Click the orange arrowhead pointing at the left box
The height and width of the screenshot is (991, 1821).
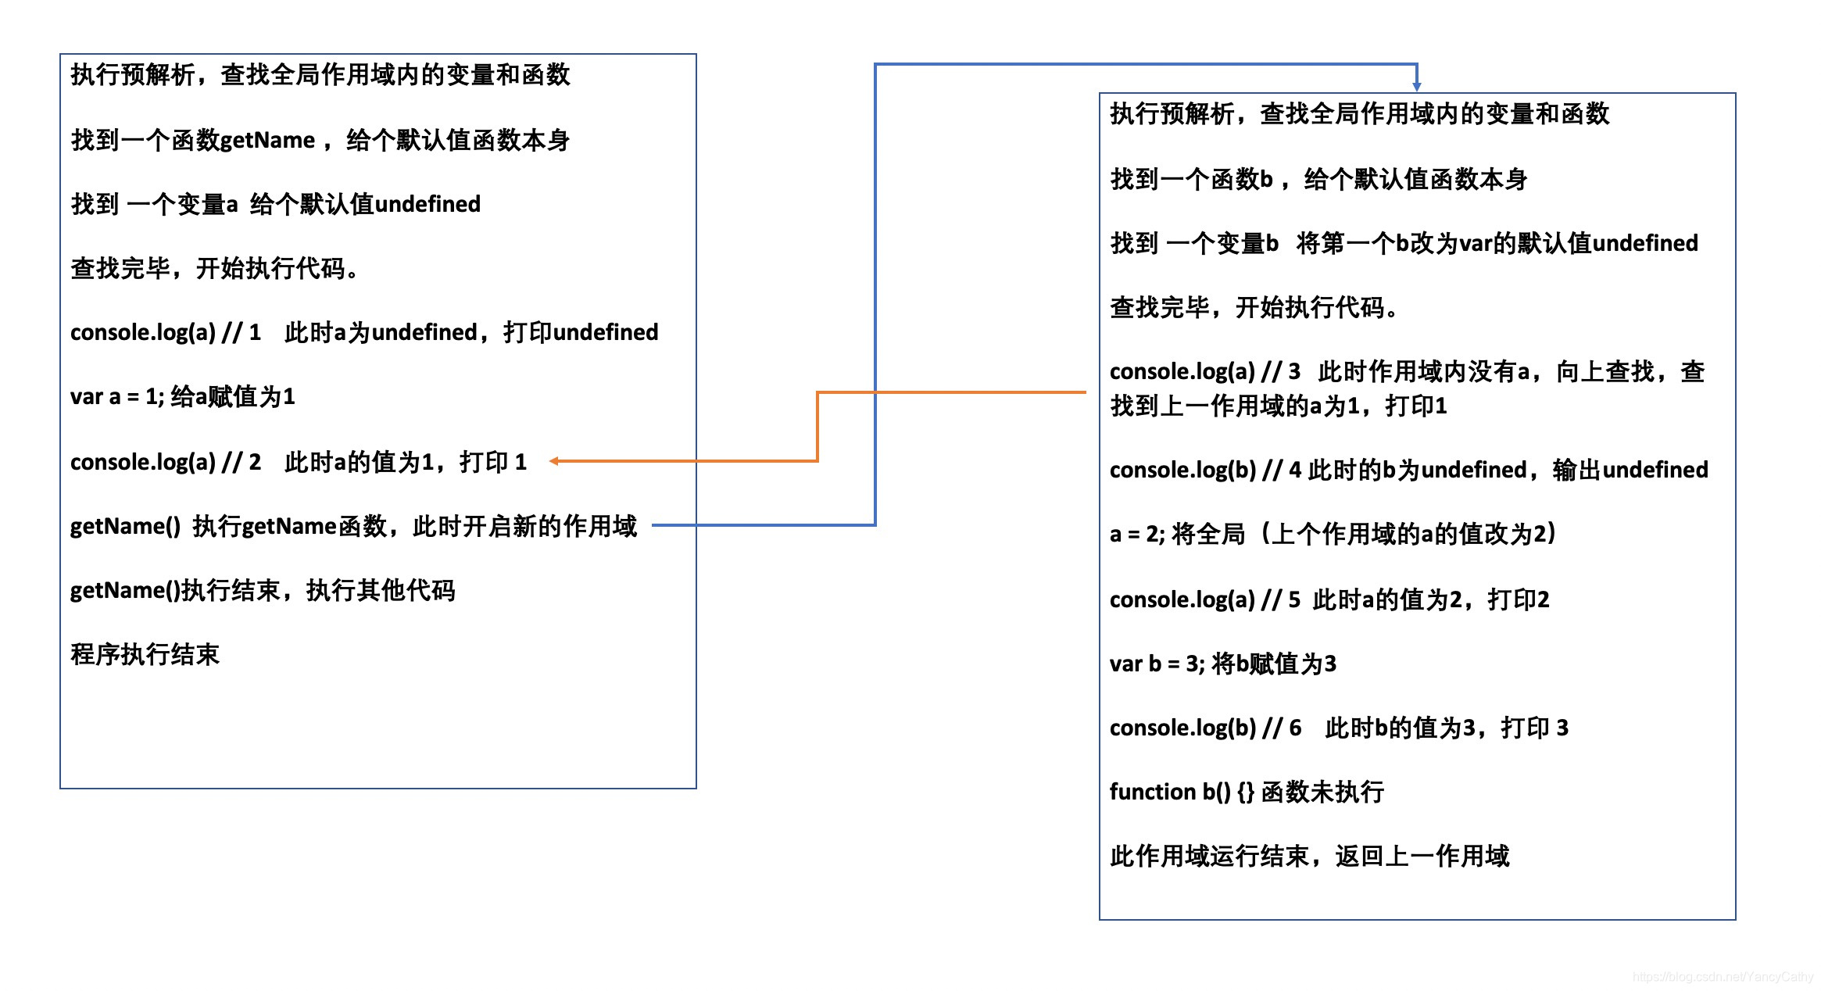(554, 461)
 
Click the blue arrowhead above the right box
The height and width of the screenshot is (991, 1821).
(1416, 86)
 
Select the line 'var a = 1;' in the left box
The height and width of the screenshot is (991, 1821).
(117, 397)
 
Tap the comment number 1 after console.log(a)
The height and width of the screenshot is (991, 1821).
(255, 333)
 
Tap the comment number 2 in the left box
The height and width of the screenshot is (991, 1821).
(255, 463)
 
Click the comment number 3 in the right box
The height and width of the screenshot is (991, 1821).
(1294, 372)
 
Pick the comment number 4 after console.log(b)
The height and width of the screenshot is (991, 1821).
(1295, 470)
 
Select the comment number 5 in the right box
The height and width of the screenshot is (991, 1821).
(1294, 600)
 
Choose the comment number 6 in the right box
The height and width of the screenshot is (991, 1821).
(1295, 728)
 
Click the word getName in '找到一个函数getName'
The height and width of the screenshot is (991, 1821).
(267, 141)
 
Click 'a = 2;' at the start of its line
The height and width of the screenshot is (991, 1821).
(1136, 535)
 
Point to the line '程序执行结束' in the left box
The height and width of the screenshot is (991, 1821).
(145, 655)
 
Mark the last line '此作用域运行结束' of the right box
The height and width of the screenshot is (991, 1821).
(1309, 857)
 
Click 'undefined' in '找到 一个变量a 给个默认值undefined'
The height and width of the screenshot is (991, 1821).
(428, 205)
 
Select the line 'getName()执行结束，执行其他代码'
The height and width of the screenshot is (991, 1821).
(263, 591)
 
